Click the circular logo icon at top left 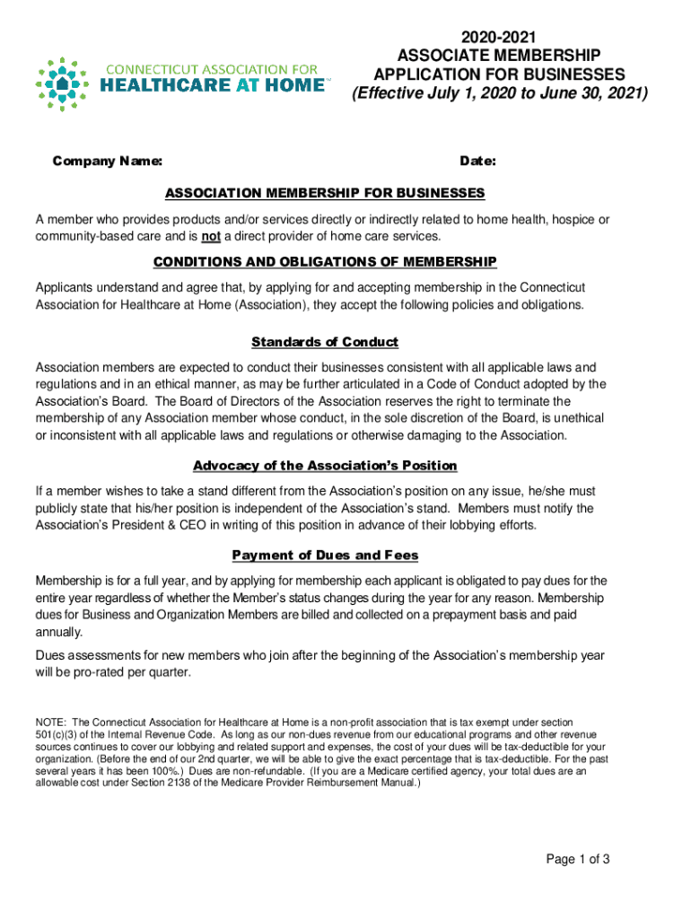click(62, 84)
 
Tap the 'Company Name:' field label click(108, 162)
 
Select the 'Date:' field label click(478, 162)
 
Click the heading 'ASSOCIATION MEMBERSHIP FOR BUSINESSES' click(325, 193)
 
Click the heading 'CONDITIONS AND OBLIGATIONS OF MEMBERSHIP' click(325, 262)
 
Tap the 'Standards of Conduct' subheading click(325, 342)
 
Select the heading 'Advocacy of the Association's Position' click(325, 466)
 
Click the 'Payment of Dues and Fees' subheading click(325, 555)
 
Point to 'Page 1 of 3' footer click(579, 859)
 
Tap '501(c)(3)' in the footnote click(58, 734)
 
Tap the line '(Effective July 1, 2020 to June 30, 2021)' click(500, 92)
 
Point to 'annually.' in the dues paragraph click(59, 632)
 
